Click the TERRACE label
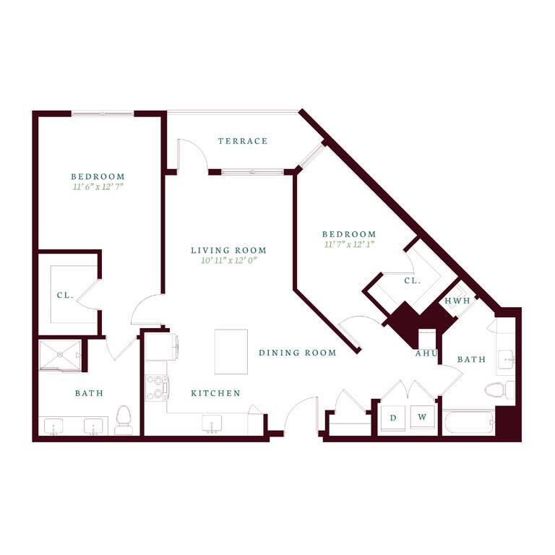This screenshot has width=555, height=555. pyautogui.click(x=242, y=141)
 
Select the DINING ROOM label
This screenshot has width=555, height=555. pyautogui.click(x=298, y=353)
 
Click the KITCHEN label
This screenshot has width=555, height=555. pyautogui.click(x=215, y=393)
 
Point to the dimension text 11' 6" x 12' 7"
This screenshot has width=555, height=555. pyautogui.click(x=98, y=187)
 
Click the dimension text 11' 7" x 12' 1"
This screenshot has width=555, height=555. pyautogui.click(x=349, y=245)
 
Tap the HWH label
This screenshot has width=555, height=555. pyautogui.click(x=457, y=301)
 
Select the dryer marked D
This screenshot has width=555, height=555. pyautogui.click(x=393, y=418)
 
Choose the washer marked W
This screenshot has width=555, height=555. pyautogui.click(x=422, y=418)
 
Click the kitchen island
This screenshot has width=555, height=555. pyautogui.click(x=231, y=351)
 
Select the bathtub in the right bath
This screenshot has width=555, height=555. pyautogui.click(x=468, y=422)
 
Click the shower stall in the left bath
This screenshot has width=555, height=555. pyautogui.click(x=59, y=356)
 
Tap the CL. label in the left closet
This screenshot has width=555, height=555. pyautogui.click(x=63, y=295)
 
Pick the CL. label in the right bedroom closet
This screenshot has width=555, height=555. pyautogui.click(x=412, y=280)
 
